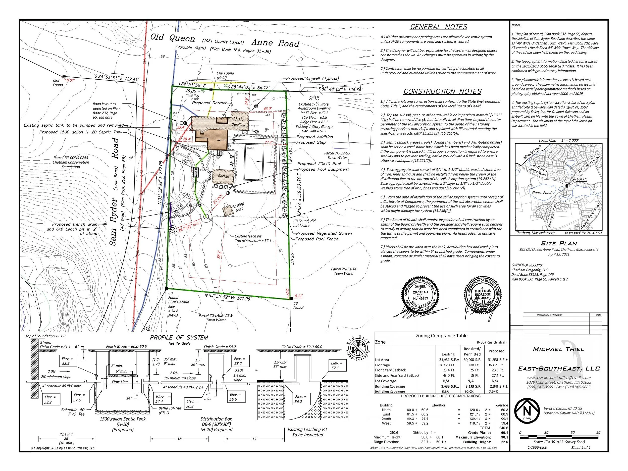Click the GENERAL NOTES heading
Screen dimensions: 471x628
click(439, 27)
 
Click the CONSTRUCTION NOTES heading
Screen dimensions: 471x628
click(442, 91)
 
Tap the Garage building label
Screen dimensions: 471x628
click(223, 176)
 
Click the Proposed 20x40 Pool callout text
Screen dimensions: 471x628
click(319, 164)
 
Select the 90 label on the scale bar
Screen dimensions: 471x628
click(598, 433)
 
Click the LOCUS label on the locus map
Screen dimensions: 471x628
click(582, 179)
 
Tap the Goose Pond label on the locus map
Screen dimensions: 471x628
click(542, 192)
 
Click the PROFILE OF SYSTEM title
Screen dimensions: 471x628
click(179, 338)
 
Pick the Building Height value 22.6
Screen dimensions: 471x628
click(504, 442)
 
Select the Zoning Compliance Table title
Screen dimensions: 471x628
click(441, 336)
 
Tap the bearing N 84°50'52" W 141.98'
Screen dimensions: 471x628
click(228, 297)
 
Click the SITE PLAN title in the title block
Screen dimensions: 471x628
click(559, 243)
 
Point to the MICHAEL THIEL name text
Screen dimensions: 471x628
click(559, 349)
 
